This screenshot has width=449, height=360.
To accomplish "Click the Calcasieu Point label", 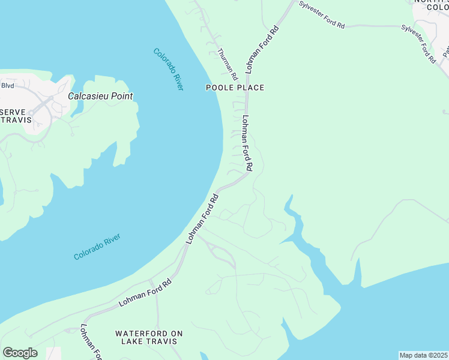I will click(x=100, y=96).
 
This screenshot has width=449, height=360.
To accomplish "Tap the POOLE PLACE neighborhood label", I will click(x=235, y=88).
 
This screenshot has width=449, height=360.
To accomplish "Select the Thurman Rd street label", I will click(x=228, y=65).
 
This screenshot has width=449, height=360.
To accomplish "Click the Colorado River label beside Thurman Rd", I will click(x=168, y=69).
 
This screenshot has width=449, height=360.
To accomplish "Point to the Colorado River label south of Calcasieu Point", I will click(x=97, y=247).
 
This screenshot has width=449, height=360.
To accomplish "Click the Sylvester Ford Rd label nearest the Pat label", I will click(x=418, y=44).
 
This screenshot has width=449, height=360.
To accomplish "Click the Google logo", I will click(x=20, y=353).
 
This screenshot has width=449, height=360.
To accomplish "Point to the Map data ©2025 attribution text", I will click(x=423, y=355).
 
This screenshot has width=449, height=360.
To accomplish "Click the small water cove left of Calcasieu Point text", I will click(x=77, y=108).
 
